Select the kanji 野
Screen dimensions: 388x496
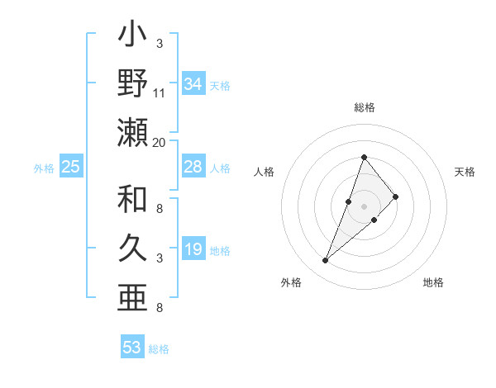(132, 83)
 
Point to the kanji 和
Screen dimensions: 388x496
(132, 200)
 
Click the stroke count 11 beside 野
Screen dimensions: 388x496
(160, 92)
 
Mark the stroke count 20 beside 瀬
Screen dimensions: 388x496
(160, 142)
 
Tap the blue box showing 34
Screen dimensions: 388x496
(193, 84)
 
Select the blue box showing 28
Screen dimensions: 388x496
(193, 167)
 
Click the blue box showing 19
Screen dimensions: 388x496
(193, 250)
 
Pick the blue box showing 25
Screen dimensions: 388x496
(70, 167)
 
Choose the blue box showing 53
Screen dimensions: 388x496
(132, 348)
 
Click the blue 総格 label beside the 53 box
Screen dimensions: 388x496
(159, 349)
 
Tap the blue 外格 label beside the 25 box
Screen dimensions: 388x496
(44, 168)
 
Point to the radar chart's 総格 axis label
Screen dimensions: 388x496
(364, 108)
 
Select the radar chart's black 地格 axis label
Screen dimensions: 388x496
(433, 282)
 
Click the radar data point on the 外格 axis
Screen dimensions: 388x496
(326, 261)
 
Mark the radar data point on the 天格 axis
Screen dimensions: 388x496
(396, 196)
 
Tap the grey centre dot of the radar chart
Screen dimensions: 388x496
(365, 206)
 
